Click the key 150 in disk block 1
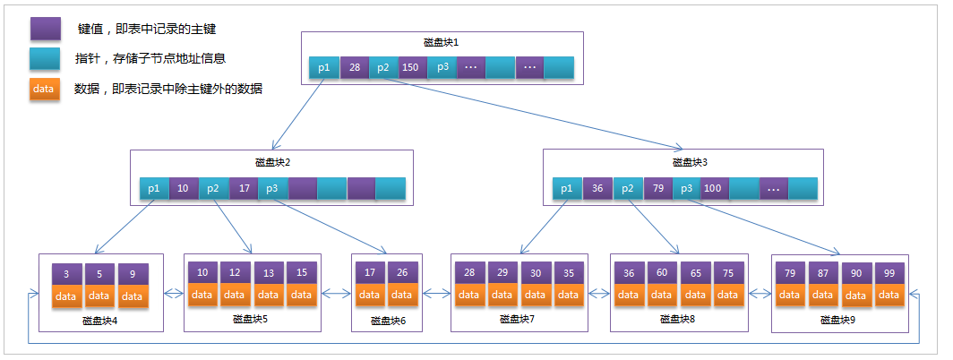point(411,67)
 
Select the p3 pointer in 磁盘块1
point(442,67)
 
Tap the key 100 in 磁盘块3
point(713,188)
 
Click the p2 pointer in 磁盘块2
point(213,188)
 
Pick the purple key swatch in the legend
point(44,29)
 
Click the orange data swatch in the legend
point(44,89)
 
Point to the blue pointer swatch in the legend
point(44,59)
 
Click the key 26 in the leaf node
point(402,271)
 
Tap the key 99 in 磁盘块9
point(889,271)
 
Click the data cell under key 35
point(567,294)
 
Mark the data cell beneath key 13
point(268,294)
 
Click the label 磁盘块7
point(516,319)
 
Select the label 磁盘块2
point(272,162)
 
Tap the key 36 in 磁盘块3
point(597,188)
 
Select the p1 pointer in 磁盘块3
point(566,188)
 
